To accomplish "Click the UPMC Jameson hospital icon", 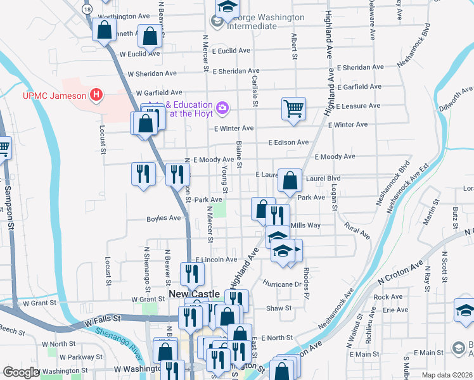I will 96,96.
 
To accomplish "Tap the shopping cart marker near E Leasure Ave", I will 294,108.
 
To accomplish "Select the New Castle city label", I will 195,294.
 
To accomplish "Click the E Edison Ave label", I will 288,142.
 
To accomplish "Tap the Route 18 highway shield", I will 87,9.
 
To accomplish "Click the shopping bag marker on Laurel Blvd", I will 290,180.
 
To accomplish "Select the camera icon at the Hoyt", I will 222,108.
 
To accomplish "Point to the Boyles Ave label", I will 163,218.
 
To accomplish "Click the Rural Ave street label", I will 357,229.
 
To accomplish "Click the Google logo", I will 20,372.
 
